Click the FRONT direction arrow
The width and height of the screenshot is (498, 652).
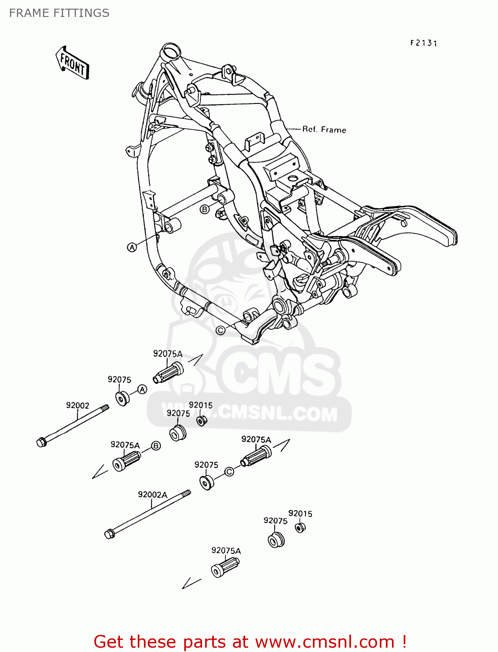click(x=72, y=63)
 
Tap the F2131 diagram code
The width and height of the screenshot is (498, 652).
click(x=423, y=43)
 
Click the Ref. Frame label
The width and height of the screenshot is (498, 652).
click(x=324, y=130)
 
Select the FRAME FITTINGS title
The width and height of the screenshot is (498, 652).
click(x=59, y=13)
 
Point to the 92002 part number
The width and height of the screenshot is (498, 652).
click(x=77, y=406)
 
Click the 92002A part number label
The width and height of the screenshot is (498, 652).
click(x=153, y=495)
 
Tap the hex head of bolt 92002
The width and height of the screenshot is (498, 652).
click(x=42, y=442)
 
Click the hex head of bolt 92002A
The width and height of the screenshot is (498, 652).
click(x=110, y=533)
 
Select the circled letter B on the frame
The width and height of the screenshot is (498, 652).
click(x=204, y=210)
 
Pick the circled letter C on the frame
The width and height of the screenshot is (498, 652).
click(x=221, y=330)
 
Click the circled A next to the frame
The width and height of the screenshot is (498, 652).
click(x=132, y=247)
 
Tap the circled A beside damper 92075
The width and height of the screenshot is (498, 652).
click(x=143, y=389)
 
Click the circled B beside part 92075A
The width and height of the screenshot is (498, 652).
click(x=156, y=446)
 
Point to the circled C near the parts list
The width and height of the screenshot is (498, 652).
click(x=229, y=472)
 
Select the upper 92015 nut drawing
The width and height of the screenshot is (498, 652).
click(x=201, y=421)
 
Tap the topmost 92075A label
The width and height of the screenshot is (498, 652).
click(x=167, y=354)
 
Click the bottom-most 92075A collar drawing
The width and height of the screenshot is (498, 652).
click(x=225, y=568)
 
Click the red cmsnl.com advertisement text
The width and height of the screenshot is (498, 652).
click(x=250, y=642)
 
